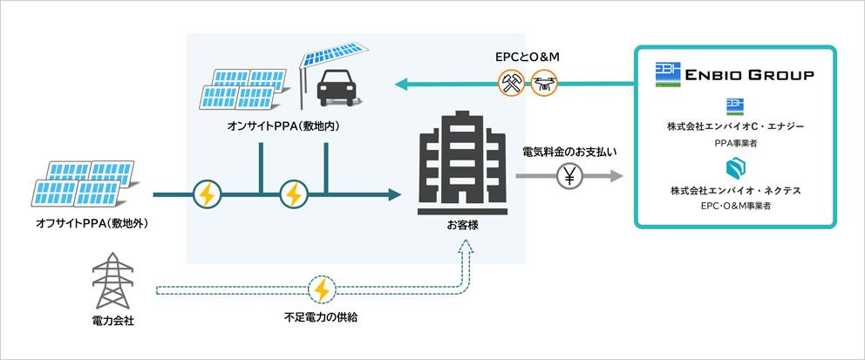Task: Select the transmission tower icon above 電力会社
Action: (113, 282)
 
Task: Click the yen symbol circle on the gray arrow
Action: (569, 177)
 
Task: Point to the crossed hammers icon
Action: (510, 83)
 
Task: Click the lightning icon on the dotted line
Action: (322, 288)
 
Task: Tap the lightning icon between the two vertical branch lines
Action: (293, 194)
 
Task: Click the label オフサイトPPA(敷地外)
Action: (92, 224)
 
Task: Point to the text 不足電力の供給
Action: (322, 317)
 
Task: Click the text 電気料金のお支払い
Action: (569, 152)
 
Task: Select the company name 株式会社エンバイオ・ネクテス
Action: (735, 190)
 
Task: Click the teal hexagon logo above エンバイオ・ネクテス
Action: (735, 166)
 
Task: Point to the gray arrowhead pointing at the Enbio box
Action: (616, 177)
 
